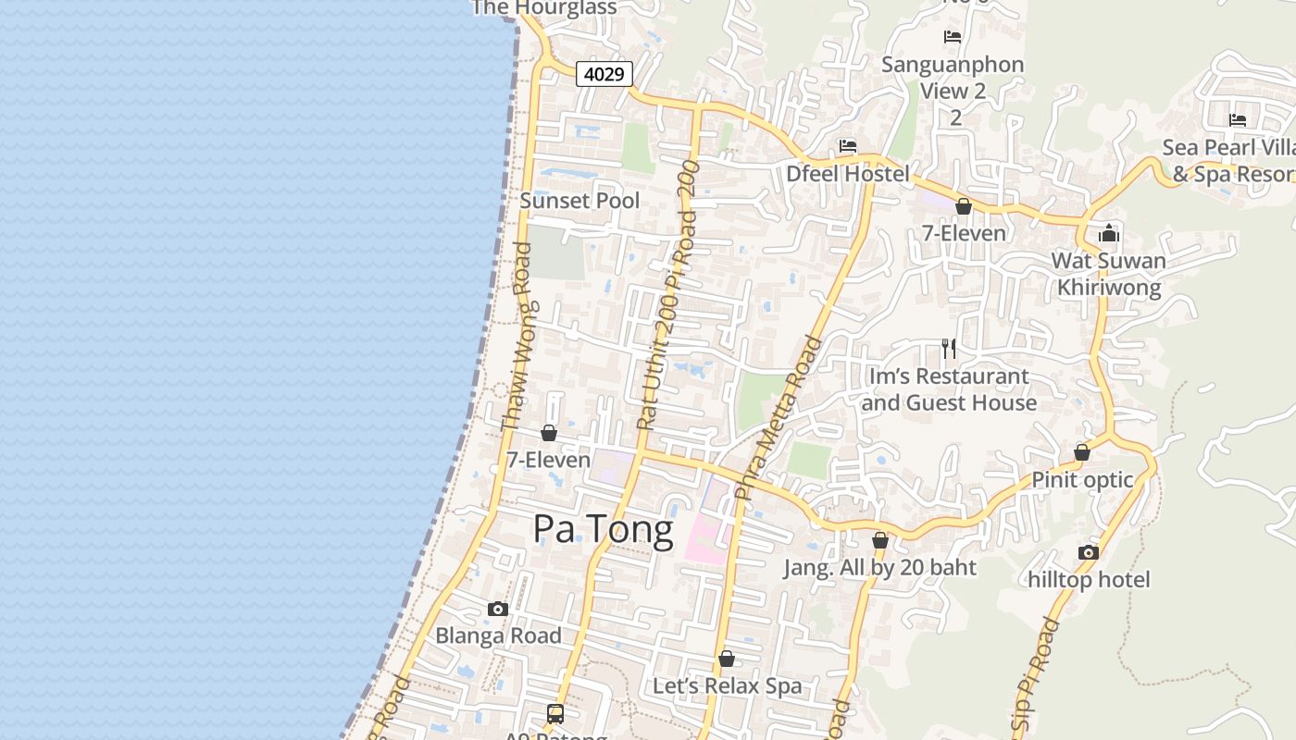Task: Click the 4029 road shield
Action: pos(604,74)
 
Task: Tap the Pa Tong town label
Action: pos(603,530)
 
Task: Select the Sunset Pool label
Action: pos(579,201)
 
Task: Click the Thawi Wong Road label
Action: pos(517,337)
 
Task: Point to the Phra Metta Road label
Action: pos(779,418)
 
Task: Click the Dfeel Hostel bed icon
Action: pos(847,146)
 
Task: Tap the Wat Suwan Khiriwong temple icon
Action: pos(1109,233)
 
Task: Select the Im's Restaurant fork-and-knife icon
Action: pos(949,348)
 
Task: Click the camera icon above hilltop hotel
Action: pos(1089,552)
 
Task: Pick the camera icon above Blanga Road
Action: pos(498,609)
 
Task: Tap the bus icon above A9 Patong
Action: pos(555,713)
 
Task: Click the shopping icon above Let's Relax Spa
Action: pos(727,659)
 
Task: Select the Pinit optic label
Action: pos(1082,480)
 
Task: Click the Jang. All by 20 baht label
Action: pos(879,567)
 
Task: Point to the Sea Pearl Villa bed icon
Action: pos(1238,120)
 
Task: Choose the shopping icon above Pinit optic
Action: pos(1081,452)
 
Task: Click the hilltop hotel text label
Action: pos(1089,580)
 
